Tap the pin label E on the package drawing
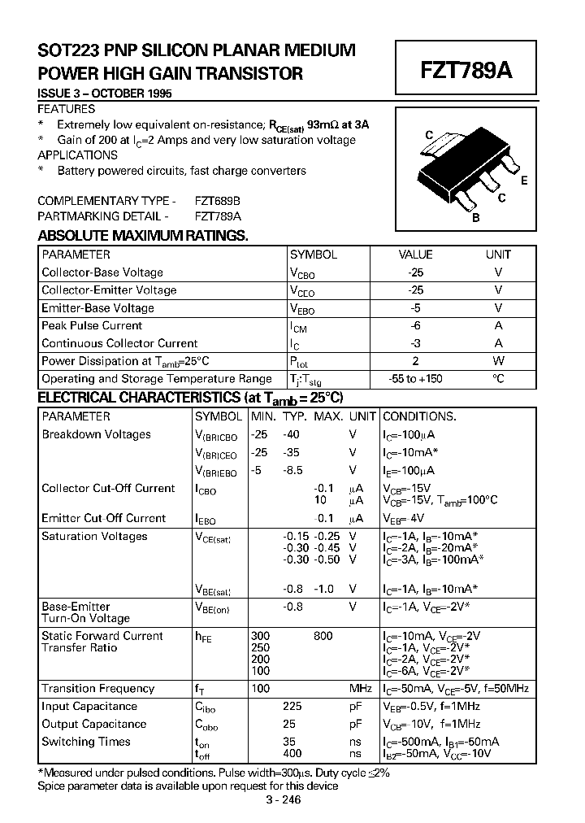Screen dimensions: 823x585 point(524,181)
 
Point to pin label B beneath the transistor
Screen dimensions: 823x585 point(476,217)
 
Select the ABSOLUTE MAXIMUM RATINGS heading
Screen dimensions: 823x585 point(143,236)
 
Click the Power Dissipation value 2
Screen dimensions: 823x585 point(415,361)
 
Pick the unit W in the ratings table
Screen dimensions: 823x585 point(498,361)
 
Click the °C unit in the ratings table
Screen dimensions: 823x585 point(498,379)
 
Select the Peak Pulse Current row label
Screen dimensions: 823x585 point(92,325)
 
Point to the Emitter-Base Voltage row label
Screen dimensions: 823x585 point(97,308)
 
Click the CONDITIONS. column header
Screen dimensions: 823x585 point(419,416)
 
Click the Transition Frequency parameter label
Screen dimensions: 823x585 point(97,689)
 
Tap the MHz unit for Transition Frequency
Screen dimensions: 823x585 point(361,689)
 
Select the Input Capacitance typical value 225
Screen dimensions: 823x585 point(292,707)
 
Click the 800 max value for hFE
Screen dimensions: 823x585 point(323,636)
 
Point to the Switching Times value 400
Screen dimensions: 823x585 point(292,753)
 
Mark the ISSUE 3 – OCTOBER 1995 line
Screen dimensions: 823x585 point(105,94)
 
